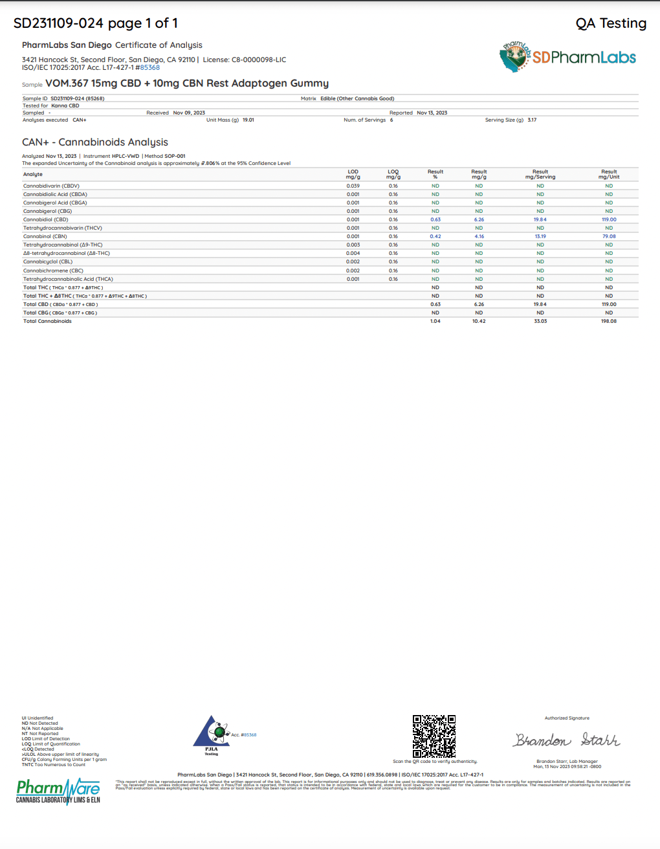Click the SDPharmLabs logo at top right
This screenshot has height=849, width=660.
pyautogui.click(x=567, y=58)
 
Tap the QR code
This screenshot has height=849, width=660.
pyautogui.click(x=434, y=736)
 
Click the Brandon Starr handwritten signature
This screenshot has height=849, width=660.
pyautogui.click(x=567, y=740)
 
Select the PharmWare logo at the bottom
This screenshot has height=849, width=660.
pyautogui.click(x=58, y=791)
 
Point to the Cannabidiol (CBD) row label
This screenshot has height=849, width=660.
pyautogui.click(x=45, y=219)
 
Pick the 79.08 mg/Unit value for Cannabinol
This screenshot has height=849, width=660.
pyautogui.click(x=609, y=236)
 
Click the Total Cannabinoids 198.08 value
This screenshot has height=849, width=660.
pyautogui.click(x=609, y=321)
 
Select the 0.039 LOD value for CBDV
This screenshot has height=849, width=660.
pyautogui.click(x=353, y=186)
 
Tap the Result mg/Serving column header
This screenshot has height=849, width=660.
pyautogui.click(x=540, y=174)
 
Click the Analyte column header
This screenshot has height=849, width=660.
pyautogui.click(x=33, y=174)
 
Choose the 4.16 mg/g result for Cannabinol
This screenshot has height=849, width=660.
pyautogui.click(x=479, y=236)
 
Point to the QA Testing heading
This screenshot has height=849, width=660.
pyautogui.click(x=611, y=23)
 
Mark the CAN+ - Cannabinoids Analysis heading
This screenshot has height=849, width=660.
pyautogui.click(x=95, y=142)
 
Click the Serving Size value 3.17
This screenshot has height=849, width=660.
pyautogui.click(x=532, y=120)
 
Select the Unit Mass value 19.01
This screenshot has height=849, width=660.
pyautogui.click(x=248, y=120)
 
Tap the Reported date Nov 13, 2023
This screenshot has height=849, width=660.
pyautogui.click(x=432, y=113)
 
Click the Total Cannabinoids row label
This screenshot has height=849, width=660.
pyautogui.click(x=47, y=321)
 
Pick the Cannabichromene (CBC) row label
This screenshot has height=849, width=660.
pyautogui.click(x=53, y=270)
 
